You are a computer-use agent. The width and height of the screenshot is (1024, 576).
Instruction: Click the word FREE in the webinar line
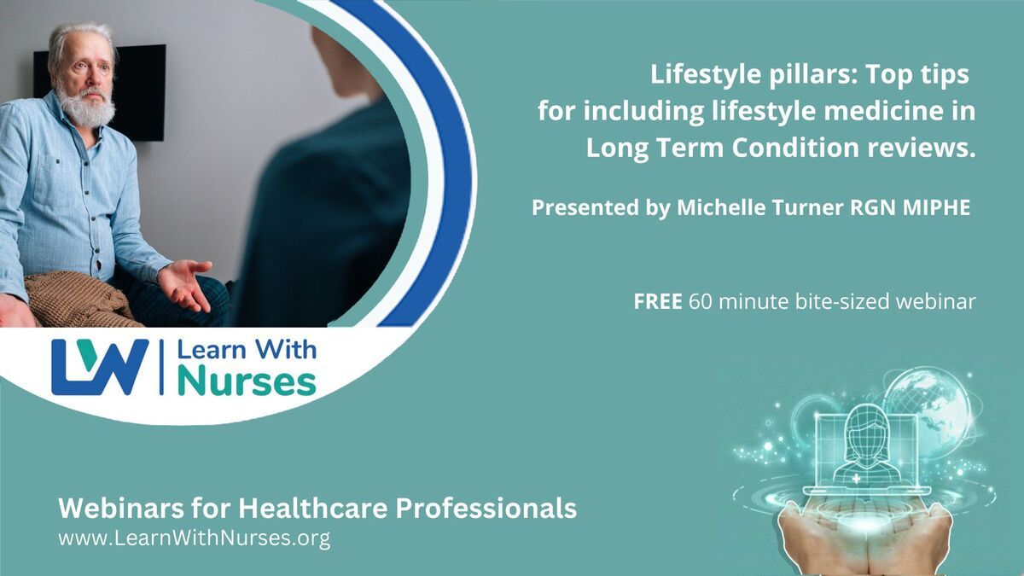pos(657,302)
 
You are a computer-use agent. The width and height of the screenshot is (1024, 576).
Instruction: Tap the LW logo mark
pos(100,367)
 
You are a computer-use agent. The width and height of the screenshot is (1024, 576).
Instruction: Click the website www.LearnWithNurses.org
pos(195,538)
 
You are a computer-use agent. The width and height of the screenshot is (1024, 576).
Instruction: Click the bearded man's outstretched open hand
pos(185,284)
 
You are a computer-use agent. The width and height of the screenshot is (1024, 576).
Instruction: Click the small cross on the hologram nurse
pos(855,479)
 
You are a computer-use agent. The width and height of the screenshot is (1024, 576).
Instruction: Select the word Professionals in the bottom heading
pos(486,508)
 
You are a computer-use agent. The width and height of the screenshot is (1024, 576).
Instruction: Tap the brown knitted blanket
pos(78,300)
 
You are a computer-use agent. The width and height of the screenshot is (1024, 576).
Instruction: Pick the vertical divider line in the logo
pos(161,367)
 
